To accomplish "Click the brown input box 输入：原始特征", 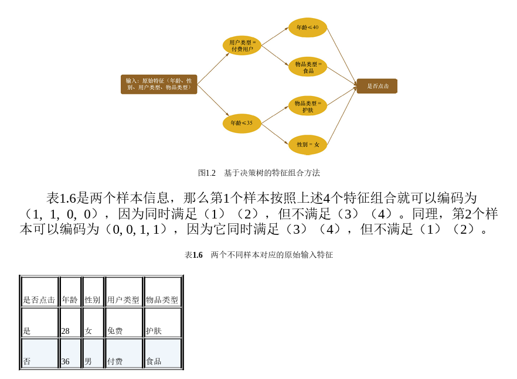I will coord(159,84).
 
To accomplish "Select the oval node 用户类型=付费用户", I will coord(242,46).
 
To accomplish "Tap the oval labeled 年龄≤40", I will coord(307,28).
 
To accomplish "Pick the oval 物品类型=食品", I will coord(308,67).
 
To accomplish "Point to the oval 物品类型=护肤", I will coord(308,106).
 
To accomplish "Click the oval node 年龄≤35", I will coord(242,124).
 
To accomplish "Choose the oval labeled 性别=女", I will coord(308,145).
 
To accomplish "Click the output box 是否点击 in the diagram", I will coord(377,86).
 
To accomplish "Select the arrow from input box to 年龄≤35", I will coord(213,101).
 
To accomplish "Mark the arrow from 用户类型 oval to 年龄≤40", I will coord(274,36).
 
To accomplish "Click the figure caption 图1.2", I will coord(258,173).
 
